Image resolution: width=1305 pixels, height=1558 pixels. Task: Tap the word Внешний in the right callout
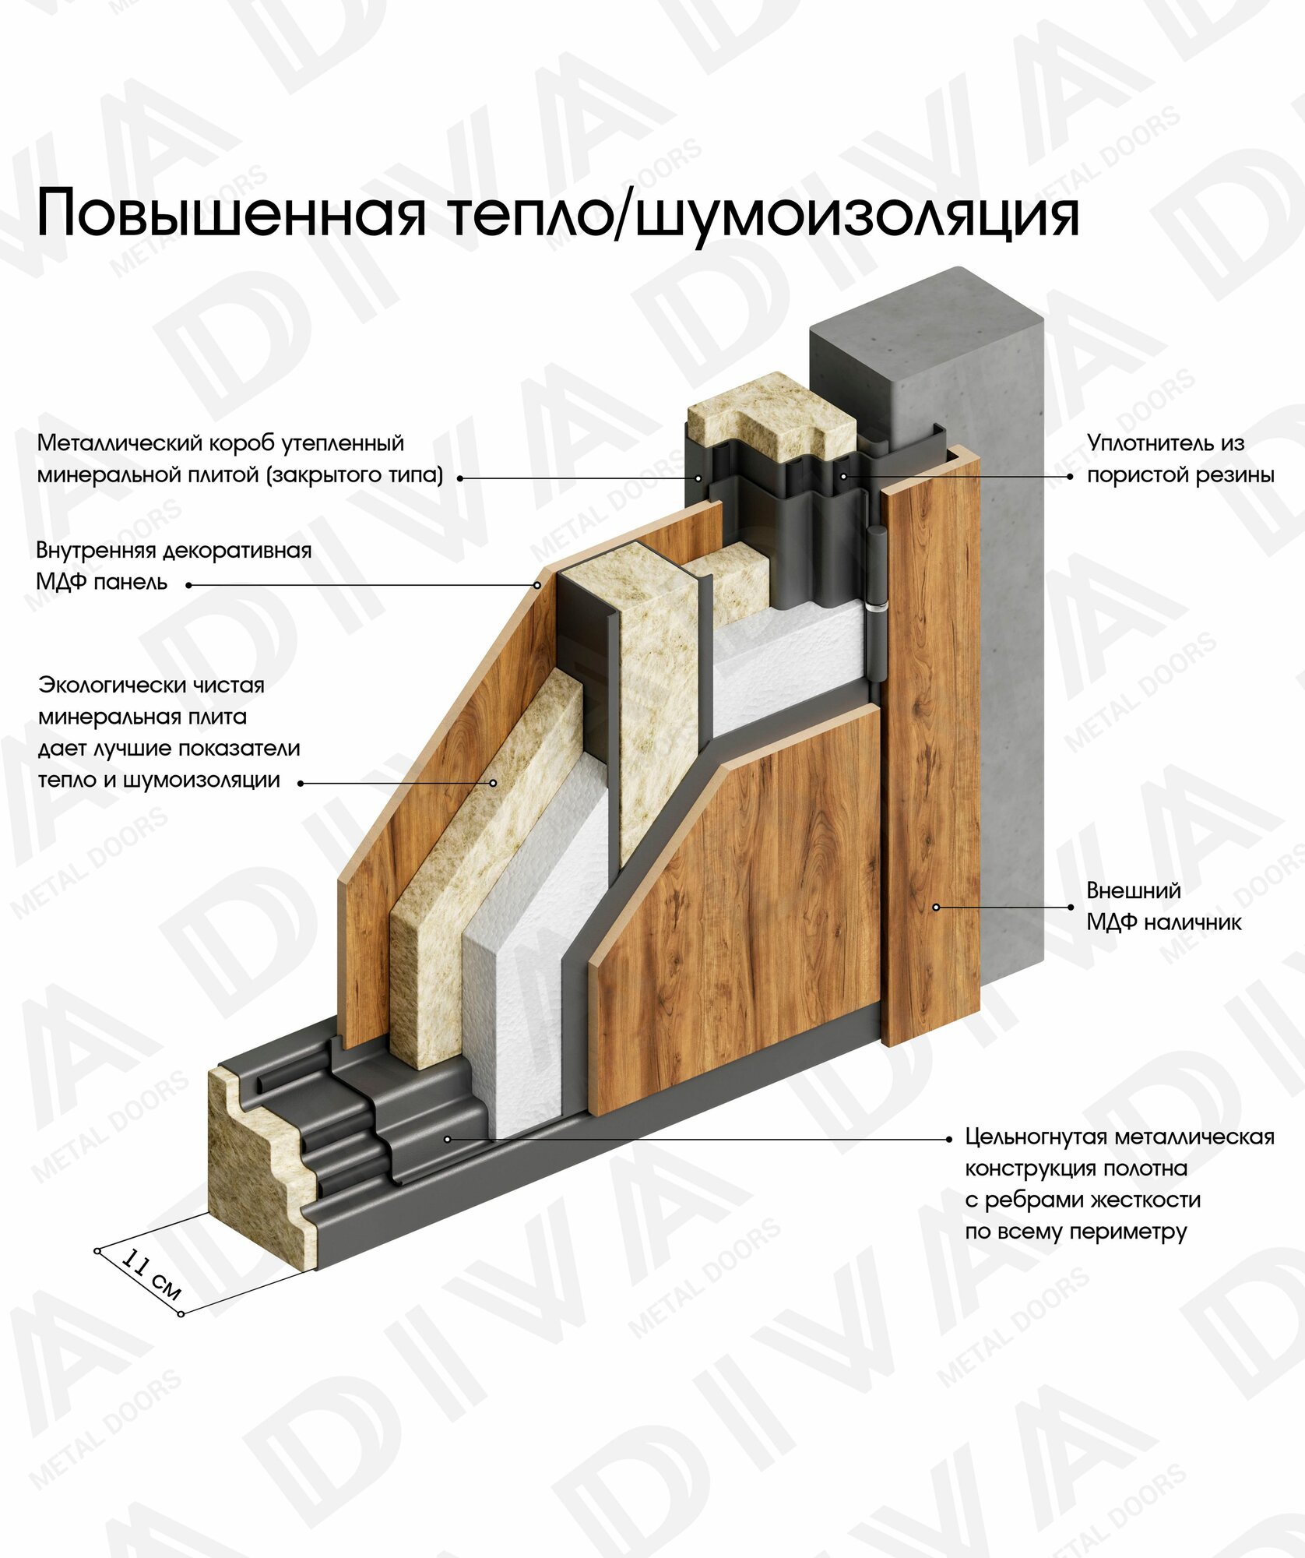[x=1133, y=890]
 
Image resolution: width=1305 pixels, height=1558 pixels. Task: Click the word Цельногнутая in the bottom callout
[x=1036, y=1137]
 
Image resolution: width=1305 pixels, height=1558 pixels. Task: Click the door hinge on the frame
[x=877, y=569]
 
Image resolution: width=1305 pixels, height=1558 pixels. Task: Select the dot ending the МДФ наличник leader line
[x=1071, y=908]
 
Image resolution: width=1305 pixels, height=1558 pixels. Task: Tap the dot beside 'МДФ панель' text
[x=188, y=585]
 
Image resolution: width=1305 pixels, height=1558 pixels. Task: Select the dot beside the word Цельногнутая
[x=948, y=1139]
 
